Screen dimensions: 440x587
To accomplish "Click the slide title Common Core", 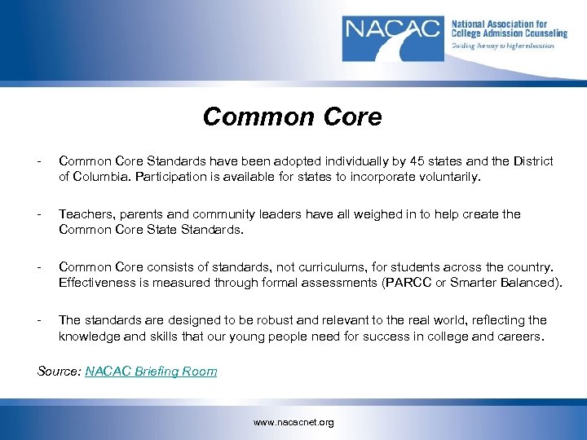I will [x=292, y=117].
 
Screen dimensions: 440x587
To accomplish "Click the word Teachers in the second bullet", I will [x=86, y=214].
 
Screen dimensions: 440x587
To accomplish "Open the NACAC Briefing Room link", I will [x=151, y=372].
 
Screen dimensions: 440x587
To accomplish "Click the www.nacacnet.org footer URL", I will [x=293, y=422].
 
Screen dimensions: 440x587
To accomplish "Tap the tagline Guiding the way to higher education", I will [x=503, y=46].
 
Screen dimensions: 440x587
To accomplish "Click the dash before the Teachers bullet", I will [x=40, y=214].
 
